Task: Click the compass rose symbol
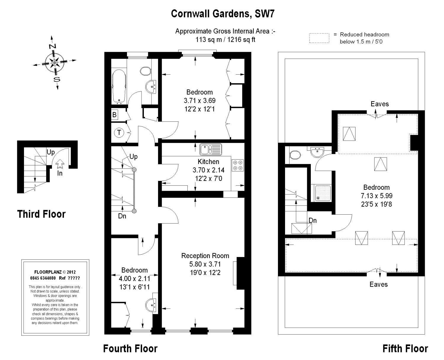point(55,62)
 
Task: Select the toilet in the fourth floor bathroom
point(146,71)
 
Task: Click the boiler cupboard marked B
point(115,115)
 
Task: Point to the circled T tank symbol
point(119,132)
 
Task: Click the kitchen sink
point(210,150)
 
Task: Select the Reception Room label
point(205,255)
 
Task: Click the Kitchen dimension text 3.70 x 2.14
point(208,170)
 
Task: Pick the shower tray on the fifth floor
point(323,193)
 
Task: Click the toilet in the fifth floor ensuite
point(295,155)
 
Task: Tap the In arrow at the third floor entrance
point(60,164)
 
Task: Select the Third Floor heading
point(41,214)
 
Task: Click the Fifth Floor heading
point(405,348)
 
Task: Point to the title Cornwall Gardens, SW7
point(223,14)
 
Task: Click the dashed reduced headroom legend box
point(319,38)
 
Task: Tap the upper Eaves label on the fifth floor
point(379,104)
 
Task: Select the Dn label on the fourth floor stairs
point(122,216)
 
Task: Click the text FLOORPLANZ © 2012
point(55,272)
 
